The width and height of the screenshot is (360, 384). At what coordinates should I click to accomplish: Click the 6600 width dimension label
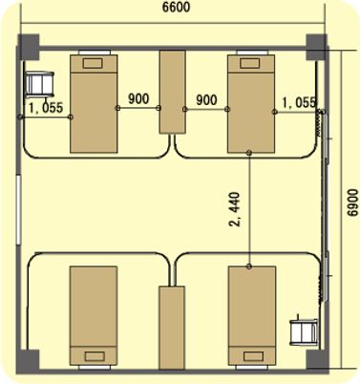point(176,7)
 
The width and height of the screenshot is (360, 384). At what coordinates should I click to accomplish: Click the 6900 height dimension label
point(352,203)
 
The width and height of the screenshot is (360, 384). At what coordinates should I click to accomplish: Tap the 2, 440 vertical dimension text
point(235,209)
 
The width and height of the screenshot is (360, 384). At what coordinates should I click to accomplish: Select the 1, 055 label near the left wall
point(46,108)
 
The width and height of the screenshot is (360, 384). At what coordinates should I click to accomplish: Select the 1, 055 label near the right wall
point(299,102)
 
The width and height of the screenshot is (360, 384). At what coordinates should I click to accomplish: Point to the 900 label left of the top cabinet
point(138,99)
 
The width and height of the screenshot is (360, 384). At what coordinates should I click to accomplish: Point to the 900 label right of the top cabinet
point(206,100)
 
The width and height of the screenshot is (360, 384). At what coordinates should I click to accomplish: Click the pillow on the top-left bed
point(93,63)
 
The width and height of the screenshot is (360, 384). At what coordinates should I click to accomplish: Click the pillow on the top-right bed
point(250,63)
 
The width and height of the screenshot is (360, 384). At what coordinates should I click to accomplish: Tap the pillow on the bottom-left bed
point(95,356)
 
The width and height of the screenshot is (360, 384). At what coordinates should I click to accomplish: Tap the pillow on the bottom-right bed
point(253,356)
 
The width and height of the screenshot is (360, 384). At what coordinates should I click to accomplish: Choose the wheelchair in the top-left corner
point(39,84)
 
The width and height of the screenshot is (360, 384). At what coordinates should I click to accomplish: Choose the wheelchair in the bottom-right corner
point(304,331)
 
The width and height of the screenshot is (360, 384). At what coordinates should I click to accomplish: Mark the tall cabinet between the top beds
point(172,92)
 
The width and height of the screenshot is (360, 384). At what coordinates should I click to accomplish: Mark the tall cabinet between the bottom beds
point(172,328)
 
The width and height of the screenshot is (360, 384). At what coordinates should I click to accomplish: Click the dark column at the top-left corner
point(29,47)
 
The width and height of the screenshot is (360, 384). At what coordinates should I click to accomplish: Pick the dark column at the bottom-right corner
point(317,362)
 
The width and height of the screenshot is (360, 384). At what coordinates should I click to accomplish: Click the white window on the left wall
point(18,209)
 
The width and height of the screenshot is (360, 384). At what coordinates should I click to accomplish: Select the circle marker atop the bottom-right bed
point(249,267)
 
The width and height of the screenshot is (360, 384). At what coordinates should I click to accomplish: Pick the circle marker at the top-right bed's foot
point(249,153)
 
